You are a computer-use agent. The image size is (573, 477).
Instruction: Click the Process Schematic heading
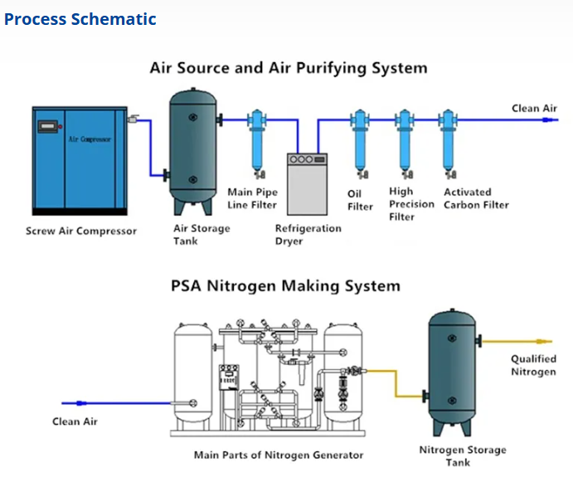(x=80, y=19)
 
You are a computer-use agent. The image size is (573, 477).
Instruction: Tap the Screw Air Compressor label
(x=81, y=231)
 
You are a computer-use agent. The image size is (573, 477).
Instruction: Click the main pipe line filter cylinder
(x=257, y=143)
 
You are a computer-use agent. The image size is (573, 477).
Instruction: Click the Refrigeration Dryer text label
(x=308, y=235)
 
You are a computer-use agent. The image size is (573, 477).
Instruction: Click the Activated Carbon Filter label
(x=475, y=198)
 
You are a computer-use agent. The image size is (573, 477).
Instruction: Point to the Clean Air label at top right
(x=534, y=109)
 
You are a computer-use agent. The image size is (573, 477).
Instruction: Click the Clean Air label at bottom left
(x=75, y=421)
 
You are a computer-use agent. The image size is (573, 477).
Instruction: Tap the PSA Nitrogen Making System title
(x=285, y=286)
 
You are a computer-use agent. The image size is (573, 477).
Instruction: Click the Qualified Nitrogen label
(x=532, y=366)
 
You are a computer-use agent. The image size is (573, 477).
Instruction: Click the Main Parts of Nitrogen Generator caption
(x=279, y=455)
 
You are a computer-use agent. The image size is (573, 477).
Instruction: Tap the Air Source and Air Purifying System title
(x=288, y=68)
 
